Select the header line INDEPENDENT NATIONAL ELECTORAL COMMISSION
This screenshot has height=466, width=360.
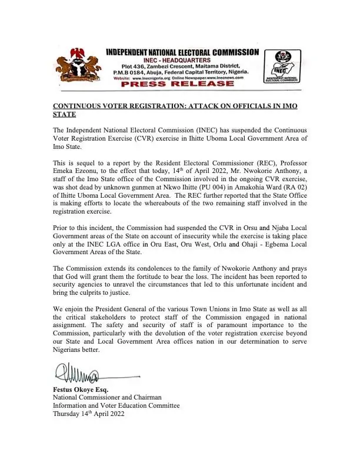(182, 52)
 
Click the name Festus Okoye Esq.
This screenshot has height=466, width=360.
(81, 390)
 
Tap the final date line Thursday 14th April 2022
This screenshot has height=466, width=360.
(88, 414)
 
